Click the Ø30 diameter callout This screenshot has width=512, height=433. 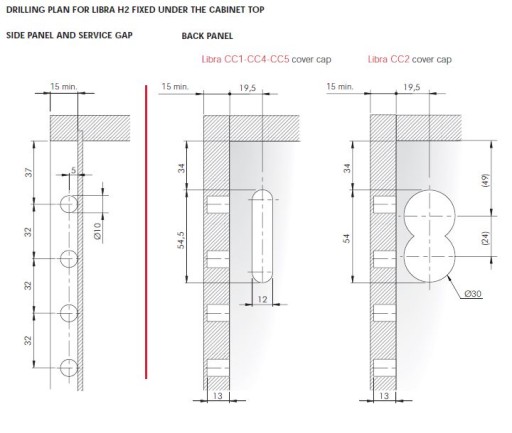(x=473, y=294)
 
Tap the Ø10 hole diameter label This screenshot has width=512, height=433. (x=97, y=231)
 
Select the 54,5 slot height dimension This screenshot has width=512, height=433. (x=181, y=240)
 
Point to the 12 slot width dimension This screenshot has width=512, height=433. (x=263, y=299)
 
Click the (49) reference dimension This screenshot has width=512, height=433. (x=485, y=180)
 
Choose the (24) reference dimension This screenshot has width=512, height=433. (x=485, y=238)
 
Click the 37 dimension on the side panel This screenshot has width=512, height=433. (x=29, y=172)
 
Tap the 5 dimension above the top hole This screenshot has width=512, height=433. (x=74, y=170)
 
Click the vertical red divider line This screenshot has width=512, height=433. (x=146, y=232)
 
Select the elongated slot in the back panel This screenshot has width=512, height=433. (x=262, y=236)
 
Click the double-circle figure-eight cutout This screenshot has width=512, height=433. (x=429, y=236)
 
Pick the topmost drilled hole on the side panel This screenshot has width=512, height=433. (x=69, y=204)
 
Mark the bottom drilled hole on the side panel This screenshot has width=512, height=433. (x=69, y=368)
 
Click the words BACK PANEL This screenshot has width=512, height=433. (x=207, y=36)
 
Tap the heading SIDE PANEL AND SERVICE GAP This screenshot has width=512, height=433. (x=69, y=35)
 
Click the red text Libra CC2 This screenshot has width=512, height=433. (x=388, y=59)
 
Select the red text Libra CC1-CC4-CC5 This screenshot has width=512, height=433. (x=245, y=59)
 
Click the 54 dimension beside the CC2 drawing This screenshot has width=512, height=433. (x=347, y=238)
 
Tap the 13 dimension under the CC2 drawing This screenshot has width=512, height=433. (x=384, y=396)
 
